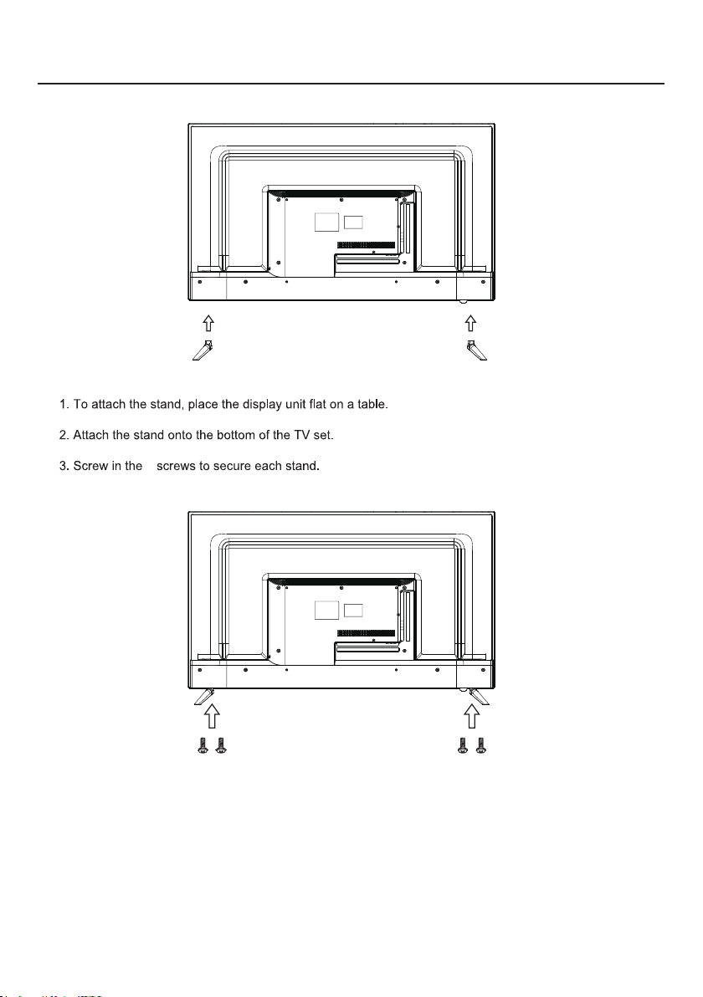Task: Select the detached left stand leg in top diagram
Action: tap(203, 349)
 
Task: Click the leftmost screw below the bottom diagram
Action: tap(203, 747)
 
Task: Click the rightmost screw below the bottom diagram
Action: tap(480, 747)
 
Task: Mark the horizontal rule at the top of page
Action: tap(351, 84)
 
